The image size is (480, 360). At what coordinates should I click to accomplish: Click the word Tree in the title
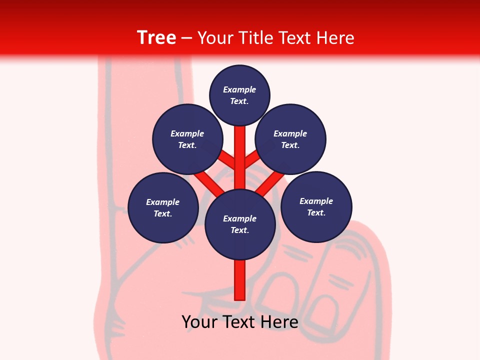(x=156, y=37)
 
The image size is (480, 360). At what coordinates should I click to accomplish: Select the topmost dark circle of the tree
(x=239, y=95)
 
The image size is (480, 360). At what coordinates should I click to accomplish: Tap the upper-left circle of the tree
(x=187, y=139)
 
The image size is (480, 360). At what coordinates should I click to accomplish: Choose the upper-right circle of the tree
(x=290, y=139)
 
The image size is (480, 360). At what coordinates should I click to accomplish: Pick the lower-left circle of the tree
(x=163, y=207)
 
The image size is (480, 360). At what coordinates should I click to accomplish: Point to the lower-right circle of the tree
(x=316, y=206)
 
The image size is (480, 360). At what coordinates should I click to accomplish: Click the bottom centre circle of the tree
(x=240, y=224)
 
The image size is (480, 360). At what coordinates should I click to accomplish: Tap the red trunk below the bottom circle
(x=240, y=280)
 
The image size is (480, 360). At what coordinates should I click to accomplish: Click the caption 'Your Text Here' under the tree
(x=240, y=322)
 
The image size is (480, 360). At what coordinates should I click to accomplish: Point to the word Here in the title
(x=336, y=37)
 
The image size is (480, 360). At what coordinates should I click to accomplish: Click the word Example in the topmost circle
(x=239, y=89)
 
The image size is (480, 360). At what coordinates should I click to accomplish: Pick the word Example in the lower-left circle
(x=163, y=202)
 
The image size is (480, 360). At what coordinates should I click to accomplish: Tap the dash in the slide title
(x=186, y=37)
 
